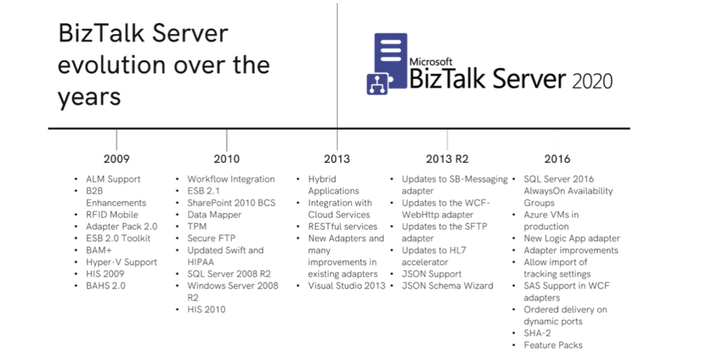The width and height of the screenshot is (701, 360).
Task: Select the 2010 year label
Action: click(226, 159)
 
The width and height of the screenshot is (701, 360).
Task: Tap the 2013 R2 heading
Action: click(447, 159)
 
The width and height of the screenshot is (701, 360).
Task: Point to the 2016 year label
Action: click(557, 159)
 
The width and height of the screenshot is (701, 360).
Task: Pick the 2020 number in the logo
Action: click(592, 81)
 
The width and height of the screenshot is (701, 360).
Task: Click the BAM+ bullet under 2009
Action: click(101, 250)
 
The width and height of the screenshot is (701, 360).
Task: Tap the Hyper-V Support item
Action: click(121, 262)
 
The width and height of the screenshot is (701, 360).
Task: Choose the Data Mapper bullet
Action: click(214, 215)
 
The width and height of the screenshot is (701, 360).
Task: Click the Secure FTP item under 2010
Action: click(212, 239)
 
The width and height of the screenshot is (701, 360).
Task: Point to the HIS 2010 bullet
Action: click(206, 309)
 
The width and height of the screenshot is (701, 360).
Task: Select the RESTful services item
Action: click(343, 227)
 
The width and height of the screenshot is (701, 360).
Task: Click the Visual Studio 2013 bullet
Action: click(346, 286)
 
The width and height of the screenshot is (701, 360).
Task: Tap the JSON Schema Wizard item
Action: click(447, 286)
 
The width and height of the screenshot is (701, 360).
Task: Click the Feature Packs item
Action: click(553, 345)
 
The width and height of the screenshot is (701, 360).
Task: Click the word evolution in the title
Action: click(111, 66)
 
